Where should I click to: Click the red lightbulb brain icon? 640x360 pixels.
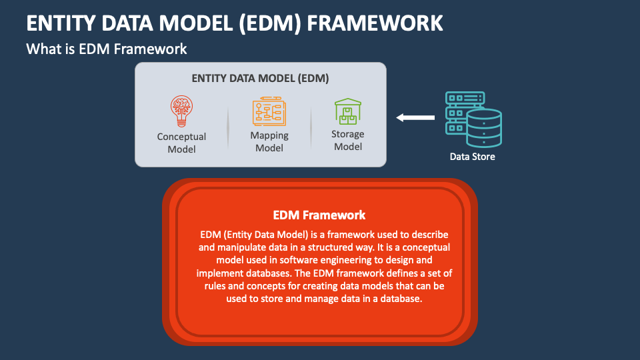point(181,111)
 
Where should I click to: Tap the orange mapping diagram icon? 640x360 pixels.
point(269,111)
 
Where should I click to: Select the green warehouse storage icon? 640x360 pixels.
point(348,111)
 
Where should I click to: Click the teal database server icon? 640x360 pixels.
point(473,119)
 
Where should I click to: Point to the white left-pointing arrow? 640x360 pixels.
point(415,117)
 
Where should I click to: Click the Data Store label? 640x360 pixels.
point(472,157)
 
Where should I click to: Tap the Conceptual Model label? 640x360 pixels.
point(181,143)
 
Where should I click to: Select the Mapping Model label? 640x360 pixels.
point(269,141)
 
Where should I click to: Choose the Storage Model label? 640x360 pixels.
point(348,141)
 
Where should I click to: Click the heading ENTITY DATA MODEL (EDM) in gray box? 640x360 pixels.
point(261,79)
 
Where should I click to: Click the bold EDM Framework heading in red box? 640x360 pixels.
point(319,215)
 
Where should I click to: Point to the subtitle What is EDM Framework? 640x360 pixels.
point(107,49)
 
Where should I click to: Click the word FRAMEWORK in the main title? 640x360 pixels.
point(375,23)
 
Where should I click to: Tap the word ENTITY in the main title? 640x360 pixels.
point(61,23)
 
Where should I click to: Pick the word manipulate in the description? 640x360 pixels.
point(241,247)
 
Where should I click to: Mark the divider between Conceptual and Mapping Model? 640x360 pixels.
point(228,127)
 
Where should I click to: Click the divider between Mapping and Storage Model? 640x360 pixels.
point(311,127)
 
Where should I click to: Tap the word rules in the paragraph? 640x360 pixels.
point(215,286)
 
